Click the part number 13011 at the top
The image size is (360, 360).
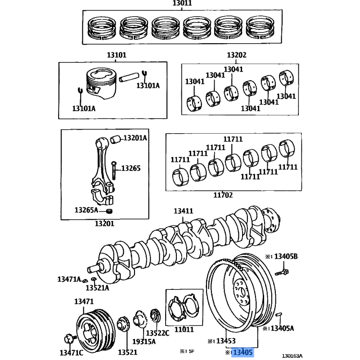[182, 3]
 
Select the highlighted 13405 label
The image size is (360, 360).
[243, 352]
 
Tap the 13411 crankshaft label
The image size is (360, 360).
[183, 211]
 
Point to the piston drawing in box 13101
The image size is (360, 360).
[101, 83]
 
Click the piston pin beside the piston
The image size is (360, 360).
[129, 77]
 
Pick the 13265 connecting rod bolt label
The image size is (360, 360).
[130, 168]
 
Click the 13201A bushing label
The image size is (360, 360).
[135, 138]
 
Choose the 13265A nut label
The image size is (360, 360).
[86, 210]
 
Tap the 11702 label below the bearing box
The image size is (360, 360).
[223, 195]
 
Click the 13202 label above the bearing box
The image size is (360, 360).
[237, 55]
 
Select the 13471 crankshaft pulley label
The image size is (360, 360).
[84, 301]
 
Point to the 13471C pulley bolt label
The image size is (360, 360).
[71, 353]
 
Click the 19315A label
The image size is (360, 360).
[144, 342]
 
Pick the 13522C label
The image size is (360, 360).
[157, 333]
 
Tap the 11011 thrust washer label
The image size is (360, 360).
[184, 329]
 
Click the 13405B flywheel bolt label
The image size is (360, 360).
[286, 256]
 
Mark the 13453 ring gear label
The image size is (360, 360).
[226, 341]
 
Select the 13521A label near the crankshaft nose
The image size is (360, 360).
[97, 288]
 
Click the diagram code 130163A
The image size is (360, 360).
[292, 356]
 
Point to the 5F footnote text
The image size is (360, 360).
[192, 351]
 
